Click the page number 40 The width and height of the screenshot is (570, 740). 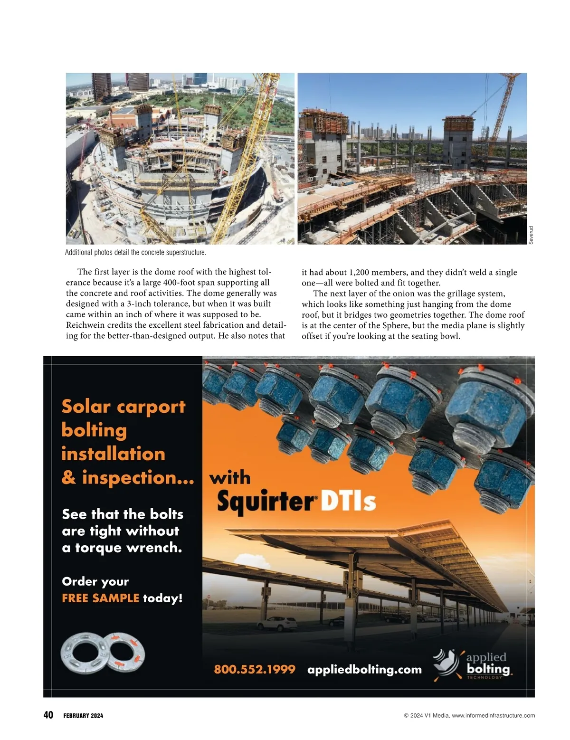click(x=48, y=715)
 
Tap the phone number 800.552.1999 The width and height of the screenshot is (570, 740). click(x=255, y=669)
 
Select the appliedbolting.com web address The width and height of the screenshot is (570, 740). click(x=364, y=669)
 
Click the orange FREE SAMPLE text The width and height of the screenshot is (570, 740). click(x=100, y=598)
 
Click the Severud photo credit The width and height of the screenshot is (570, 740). click(x=531, y=235)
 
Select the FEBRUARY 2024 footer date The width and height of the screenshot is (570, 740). click(x=83, y=716)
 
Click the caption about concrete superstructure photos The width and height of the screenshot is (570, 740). click(x=135, y=253)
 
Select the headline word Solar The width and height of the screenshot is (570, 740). click(x=86, y=407)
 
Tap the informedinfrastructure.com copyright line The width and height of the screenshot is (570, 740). click(x=469, y=715)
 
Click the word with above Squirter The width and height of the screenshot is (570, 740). click(x=230, y=478)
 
